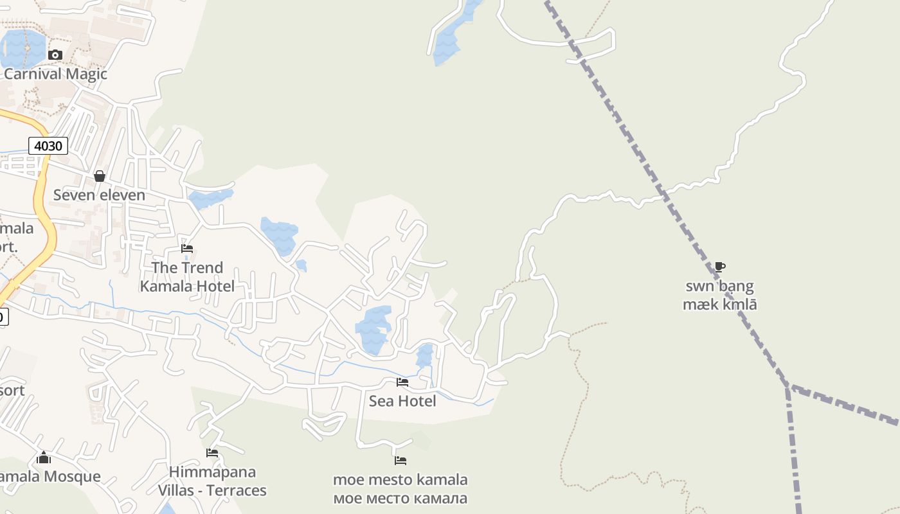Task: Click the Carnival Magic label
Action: (55, 74)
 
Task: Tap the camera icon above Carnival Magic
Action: (55, 55)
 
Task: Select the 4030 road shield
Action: (48, 146)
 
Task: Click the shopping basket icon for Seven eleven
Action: (100, 175)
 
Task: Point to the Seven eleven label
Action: (99, 195)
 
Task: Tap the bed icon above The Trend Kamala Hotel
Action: (187, 249)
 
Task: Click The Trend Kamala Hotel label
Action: (187, 277)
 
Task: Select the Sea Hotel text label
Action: (402, 401)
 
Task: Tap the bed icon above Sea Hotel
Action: (402, 382)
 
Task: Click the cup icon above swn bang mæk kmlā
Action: (720, 267)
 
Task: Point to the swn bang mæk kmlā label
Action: (720, 295)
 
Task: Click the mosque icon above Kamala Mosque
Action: (44, 457)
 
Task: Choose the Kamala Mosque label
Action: (50, 477)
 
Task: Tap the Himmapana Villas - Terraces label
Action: (212, 481)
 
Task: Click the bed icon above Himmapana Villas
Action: (212, 453)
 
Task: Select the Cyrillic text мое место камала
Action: (400, 498)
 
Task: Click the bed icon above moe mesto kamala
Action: (401, 460)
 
